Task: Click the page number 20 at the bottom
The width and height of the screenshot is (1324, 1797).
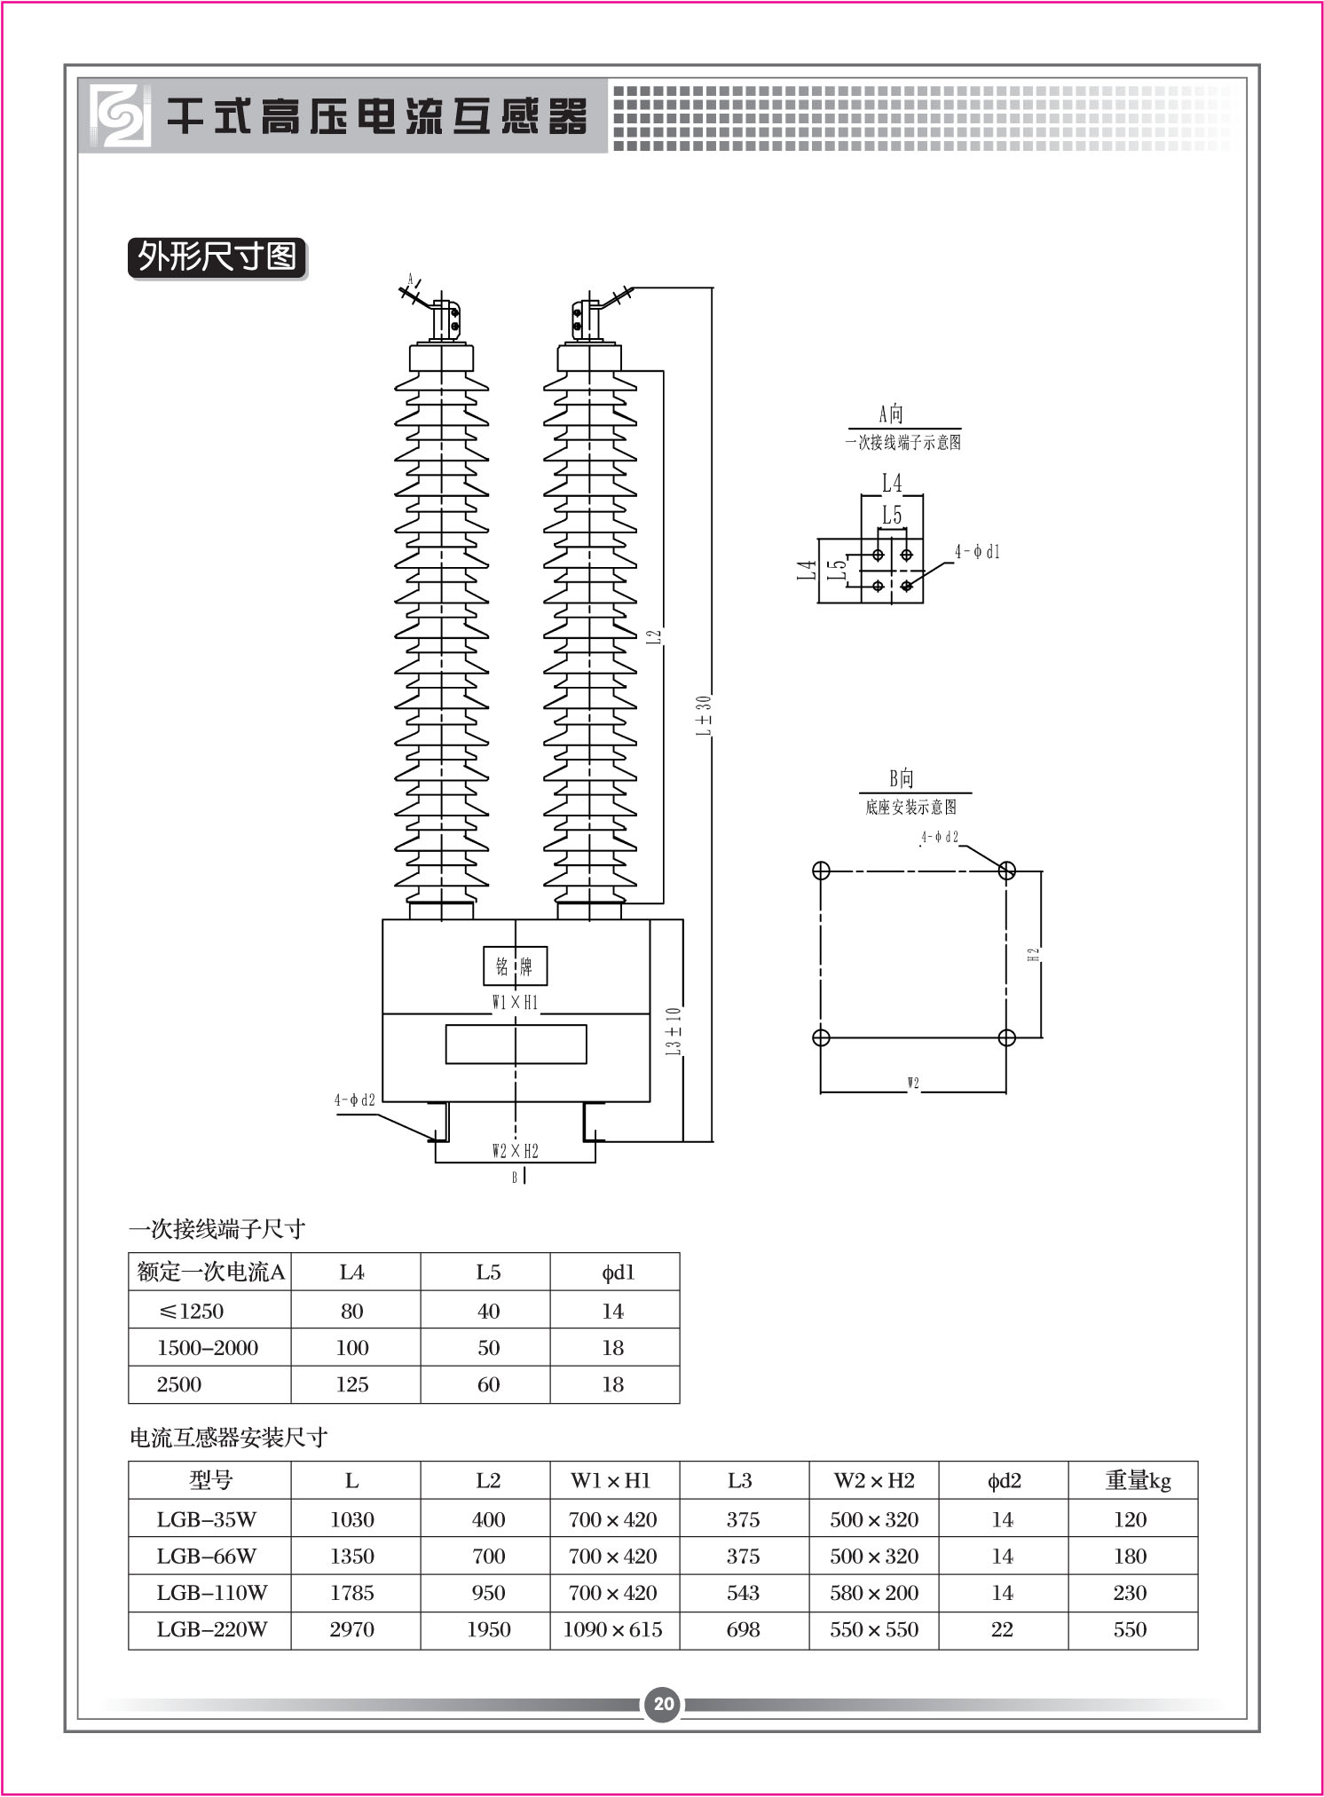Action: point(664,1703)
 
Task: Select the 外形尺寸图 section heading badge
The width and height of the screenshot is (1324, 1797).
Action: point(217,258)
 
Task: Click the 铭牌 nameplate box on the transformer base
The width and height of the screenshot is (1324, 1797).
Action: point(516,965)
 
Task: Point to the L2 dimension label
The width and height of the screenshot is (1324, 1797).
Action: point(654,636)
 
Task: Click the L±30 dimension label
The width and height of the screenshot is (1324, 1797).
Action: point(703,716)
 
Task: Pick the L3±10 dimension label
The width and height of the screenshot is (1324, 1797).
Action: point(674,1031)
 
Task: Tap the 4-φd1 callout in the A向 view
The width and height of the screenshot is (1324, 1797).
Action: point(977,552)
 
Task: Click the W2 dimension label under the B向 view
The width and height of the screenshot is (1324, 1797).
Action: point(913,1083)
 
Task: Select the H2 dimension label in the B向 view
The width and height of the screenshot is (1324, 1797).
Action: point(1033,955)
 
